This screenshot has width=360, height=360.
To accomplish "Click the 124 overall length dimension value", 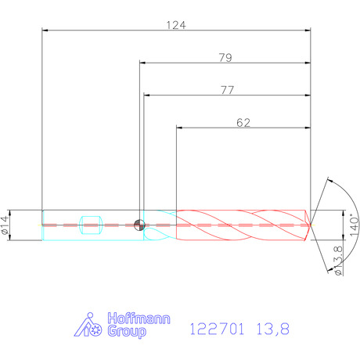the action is [176, 25].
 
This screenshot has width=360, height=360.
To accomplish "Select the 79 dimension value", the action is [225, 58].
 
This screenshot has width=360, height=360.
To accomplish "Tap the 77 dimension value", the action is [228, 90].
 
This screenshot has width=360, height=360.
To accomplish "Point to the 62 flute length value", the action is [243, 123].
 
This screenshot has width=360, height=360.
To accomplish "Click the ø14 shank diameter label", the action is [5, 225].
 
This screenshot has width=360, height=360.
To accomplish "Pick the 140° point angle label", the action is [354, 225].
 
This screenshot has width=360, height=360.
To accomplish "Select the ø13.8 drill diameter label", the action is [338, 261].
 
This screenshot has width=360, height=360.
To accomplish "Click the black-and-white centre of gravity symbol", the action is [139, 225].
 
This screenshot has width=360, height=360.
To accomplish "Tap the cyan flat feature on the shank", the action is [91, 225].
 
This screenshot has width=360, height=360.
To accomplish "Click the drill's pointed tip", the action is [310, 225].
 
